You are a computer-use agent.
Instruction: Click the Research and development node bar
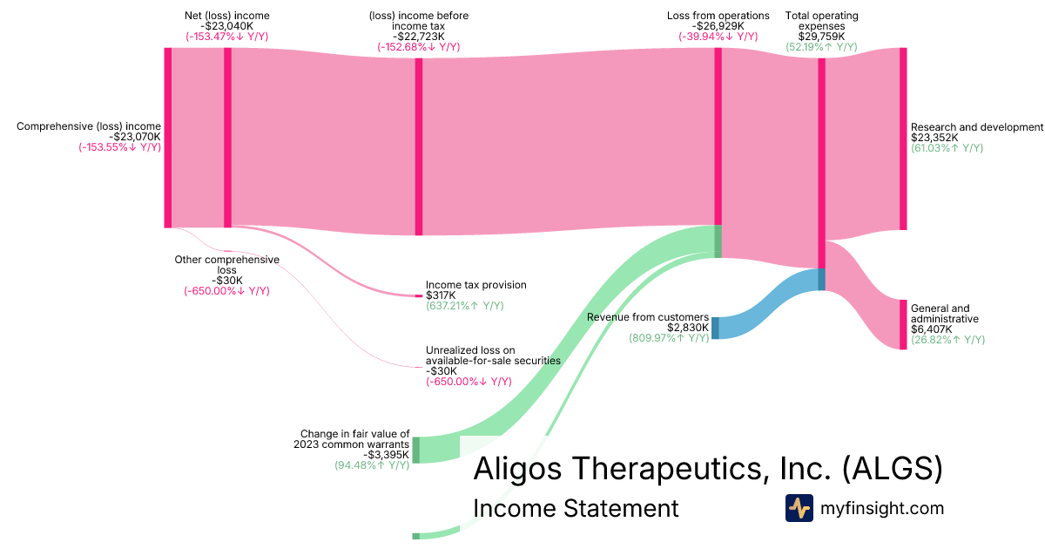pos(903,139)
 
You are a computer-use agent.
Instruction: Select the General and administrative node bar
pos(903,324)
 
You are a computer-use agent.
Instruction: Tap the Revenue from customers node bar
pos(715,328)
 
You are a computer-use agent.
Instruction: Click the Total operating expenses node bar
pos(821,174)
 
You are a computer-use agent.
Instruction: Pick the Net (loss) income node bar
pos(227,138)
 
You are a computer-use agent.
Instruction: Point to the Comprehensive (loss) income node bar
pos(168,138)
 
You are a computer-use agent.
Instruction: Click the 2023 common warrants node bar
pos(415,450)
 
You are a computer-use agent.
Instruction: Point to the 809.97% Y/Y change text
pos(669,338)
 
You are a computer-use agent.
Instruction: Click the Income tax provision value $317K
pos(441,295)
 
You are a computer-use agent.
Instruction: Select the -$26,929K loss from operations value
pos(718,26)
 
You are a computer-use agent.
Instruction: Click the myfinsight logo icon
pos(799,508)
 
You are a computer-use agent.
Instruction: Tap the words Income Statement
pos(576,508)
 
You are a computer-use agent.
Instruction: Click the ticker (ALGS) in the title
pos(893,469)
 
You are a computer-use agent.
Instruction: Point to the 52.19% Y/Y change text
pos(821,47)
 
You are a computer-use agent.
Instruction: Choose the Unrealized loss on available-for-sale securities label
pos(493,356)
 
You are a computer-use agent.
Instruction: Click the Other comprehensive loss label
pos(226,265)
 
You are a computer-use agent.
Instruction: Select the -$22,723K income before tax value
pos(419,37)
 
